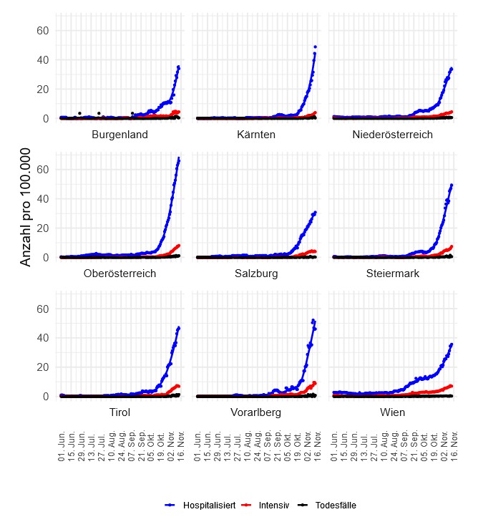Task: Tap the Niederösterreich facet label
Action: tap(391, 135)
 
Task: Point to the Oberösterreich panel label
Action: tap(119, 274)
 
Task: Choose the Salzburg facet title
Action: tap(255, 274)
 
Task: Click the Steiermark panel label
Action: tap(391, 274)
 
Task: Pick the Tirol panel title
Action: tap(119, 412)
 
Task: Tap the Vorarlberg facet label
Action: tap(255, 412)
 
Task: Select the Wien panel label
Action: tap(391, 412)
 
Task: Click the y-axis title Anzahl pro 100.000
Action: tap(26, 208)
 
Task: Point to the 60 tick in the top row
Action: tap(42, 30)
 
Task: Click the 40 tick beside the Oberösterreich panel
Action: tap(42, 198)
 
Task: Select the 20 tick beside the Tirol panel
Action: tap(42, 367)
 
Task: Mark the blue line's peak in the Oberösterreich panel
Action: tap(179, 159)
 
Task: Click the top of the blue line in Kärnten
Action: tap(316, 47)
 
